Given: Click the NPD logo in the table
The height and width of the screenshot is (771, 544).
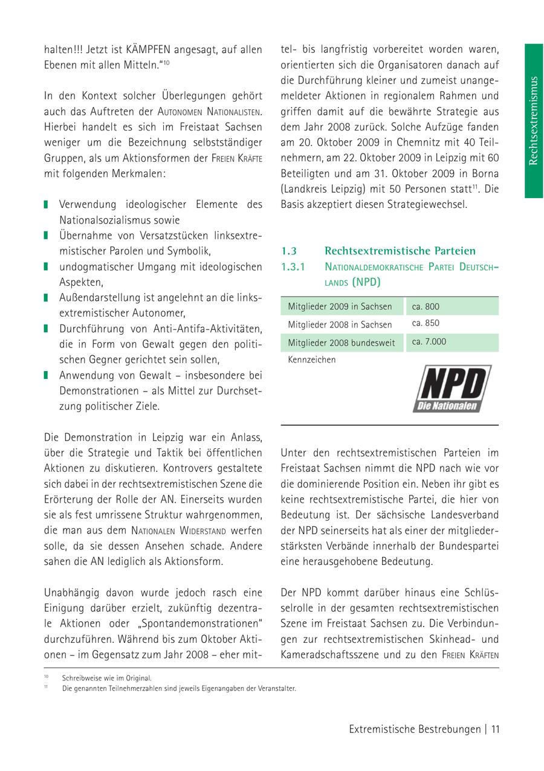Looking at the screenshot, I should coord(452,389).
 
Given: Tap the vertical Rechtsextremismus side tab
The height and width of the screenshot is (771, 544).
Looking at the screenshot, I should coord(533,120).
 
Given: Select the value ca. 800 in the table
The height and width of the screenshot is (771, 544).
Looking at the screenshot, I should coord(426,306).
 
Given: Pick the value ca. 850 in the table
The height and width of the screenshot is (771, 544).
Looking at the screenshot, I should coord(426,323).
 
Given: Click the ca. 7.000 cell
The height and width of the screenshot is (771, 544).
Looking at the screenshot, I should coord(429,342).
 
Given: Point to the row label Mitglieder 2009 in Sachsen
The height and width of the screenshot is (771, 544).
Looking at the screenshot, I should coord(340,307).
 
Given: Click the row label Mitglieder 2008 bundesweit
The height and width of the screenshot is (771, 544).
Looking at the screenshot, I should coord(342,343).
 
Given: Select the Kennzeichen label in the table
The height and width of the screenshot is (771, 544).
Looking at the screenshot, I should coord(311,360).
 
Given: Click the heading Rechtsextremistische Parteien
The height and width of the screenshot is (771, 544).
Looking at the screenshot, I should coord(400,251).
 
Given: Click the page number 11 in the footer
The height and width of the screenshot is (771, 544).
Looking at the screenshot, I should coord(495,729).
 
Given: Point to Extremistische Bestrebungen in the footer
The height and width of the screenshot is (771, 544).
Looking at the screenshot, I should coord(414,729).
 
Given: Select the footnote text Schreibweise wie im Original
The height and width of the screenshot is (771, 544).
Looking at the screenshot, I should coord(106,678).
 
